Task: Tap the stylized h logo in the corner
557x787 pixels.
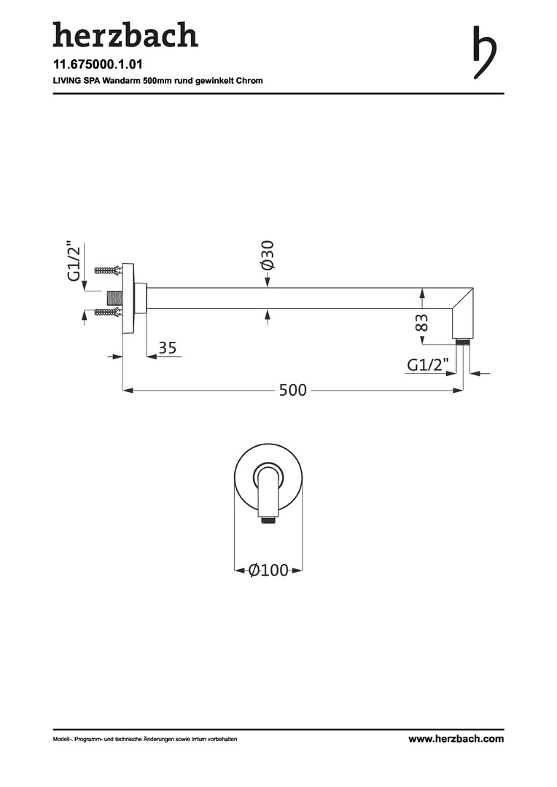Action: pyautogui.click(x=485, y=52)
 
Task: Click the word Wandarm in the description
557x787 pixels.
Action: pyautogui.click(x=120, y=80)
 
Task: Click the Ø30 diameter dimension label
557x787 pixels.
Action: pyautogui.click(x=268, y=255)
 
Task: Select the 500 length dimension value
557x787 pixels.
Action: pyautogui.click(x=293, y=390)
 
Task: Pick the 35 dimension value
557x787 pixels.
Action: pyautogui.click(x=168, y=348)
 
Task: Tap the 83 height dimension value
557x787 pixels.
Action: pyautogui.click(x=422, y=322)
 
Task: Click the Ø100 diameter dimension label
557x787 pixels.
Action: pyautogui.click(x=269, y=570)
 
